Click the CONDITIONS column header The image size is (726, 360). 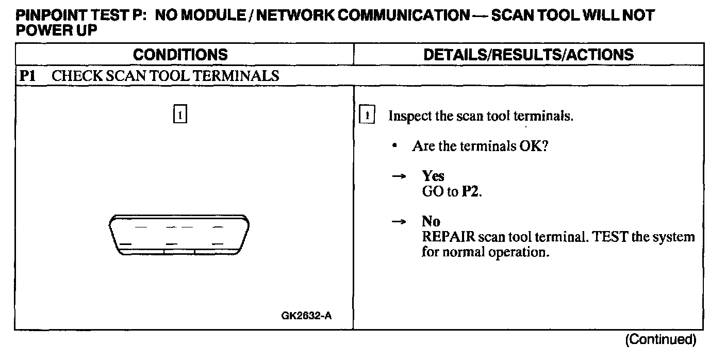(x=180, y=55)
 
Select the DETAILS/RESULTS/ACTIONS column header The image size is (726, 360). (x=529, y=55)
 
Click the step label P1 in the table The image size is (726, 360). (x=27, y=76)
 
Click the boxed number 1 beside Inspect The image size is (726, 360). (x=366, y=115)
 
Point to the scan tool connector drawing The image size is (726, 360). (x=179, y=235)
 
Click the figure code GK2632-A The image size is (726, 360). (x=306, y=315)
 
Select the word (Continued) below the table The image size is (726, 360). (x=660, y=339)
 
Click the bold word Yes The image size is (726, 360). (x=433, y=176)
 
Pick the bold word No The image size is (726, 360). (x=431, y=221)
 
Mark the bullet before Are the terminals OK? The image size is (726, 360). (x=394, y=146)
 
